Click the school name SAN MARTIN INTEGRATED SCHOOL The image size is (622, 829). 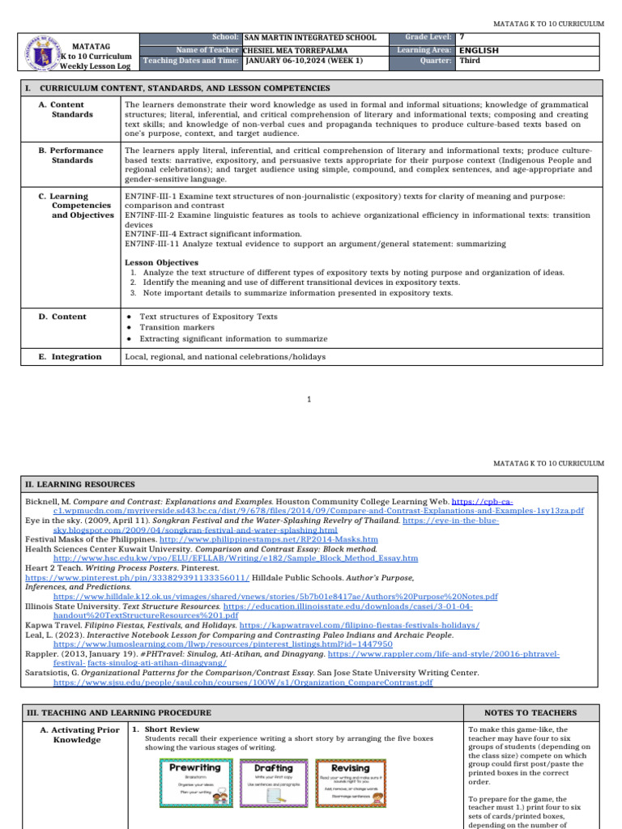pyautogui.click(x=310, y=38)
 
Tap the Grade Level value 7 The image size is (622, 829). pyautogui.click(x=462, y=38)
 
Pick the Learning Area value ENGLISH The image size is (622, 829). pyautogui.click(x=479, y=49)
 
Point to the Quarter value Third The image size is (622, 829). pyautogui.click(x=470, y=61)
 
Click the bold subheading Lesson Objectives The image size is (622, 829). pyautogui.click(x=161, y=262)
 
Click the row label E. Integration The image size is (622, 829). pyautogui.click(x=70, y=356)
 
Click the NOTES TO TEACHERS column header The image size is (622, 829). pyautogui.click(x=530, y=712)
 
